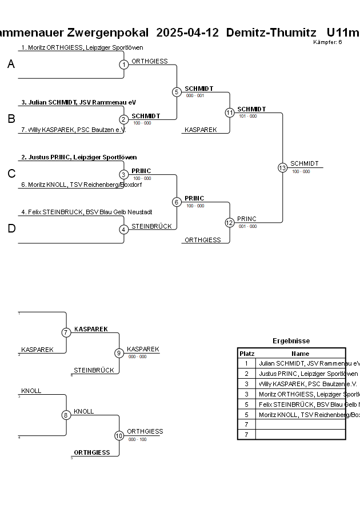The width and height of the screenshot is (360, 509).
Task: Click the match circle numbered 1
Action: pos(124,65)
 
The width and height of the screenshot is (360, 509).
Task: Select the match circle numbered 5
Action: pos(177,92)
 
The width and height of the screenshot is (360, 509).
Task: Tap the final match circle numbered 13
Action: pos(282,167)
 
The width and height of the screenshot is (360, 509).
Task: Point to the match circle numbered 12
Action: pos(230,223)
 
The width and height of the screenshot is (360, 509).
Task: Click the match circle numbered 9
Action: pos(119,353)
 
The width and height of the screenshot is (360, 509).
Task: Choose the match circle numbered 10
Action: pos(119,435)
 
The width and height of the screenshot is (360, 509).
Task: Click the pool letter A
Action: pos(11,65)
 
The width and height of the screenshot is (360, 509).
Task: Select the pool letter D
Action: pos(11,229)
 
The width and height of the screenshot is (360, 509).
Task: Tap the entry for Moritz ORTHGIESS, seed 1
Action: pos(82,47)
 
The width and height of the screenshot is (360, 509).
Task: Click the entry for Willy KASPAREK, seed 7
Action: pos(73,130)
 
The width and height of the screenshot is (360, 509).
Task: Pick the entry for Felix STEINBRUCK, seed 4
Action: pos(86,212)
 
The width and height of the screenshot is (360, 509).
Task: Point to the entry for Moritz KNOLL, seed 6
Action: pos(81,185)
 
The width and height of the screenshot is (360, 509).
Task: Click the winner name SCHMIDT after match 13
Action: pos(305,163)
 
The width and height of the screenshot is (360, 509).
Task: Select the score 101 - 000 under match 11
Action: pos(248,116)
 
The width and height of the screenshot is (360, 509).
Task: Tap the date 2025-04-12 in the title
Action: pos(187,32)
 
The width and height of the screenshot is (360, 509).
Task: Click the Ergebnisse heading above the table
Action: pos(291,341)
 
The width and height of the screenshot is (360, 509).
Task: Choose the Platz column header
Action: pos(247,354)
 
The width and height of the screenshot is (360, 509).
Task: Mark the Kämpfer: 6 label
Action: pos(328,42)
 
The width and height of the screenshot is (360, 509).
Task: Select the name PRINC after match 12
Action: pos(247,219)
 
